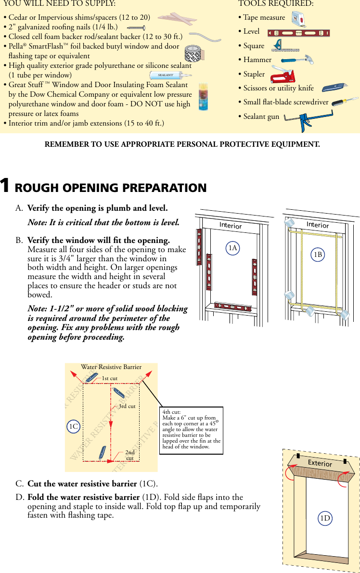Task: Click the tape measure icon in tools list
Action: [300, 19]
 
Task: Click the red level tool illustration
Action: [298, 33]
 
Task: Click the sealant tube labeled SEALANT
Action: [168, 76]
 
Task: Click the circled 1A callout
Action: [233, 248]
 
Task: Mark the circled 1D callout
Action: [325, 518]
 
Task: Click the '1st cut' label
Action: [110, 379]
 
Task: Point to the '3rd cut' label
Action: [127, 406]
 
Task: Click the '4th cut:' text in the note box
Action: [172, 412]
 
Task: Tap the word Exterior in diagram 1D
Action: [320, 463]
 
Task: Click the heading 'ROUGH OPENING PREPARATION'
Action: [111, 188]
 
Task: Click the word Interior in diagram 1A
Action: [231, 226]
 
